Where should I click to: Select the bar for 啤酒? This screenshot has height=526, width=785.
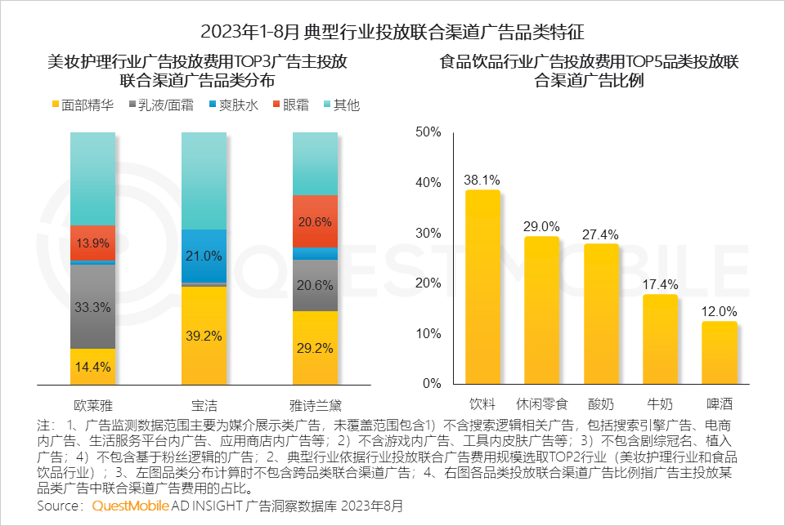point(720,353)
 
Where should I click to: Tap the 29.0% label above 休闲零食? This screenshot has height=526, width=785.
point(541,226)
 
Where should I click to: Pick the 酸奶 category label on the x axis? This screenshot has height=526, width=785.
point(601,403)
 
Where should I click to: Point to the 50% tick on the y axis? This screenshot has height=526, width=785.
point(428,132)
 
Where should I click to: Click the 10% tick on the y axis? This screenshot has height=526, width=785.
point(428,333)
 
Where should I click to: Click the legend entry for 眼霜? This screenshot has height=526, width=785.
point(291,105)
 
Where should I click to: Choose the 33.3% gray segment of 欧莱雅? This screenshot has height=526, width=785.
point(93,306)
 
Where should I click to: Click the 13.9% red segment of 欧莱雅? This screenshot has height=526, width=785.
point(93,243)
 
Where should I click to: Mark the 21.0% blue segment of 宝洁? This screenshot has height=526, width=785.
point(204,256)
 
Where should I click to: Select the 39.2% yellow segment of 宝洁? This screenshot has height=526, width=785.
point(204,335)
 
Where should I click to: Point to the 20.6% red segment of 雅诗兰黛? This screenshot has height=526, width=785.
point(315,221)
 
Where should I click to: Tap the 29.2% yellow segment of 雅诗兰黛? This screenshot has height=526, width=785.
point(315,347)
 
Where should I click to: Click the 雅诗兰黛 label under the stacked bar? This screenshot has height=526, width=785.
point(315,403)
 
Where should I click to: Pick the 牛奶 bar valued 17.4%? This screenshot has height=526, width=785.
point(661,339)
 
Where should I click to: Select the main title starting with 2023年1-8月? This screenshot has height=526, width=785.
point(392,33)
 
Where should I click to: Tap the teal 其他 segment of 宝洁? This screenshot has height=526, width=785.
point(204,180)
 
